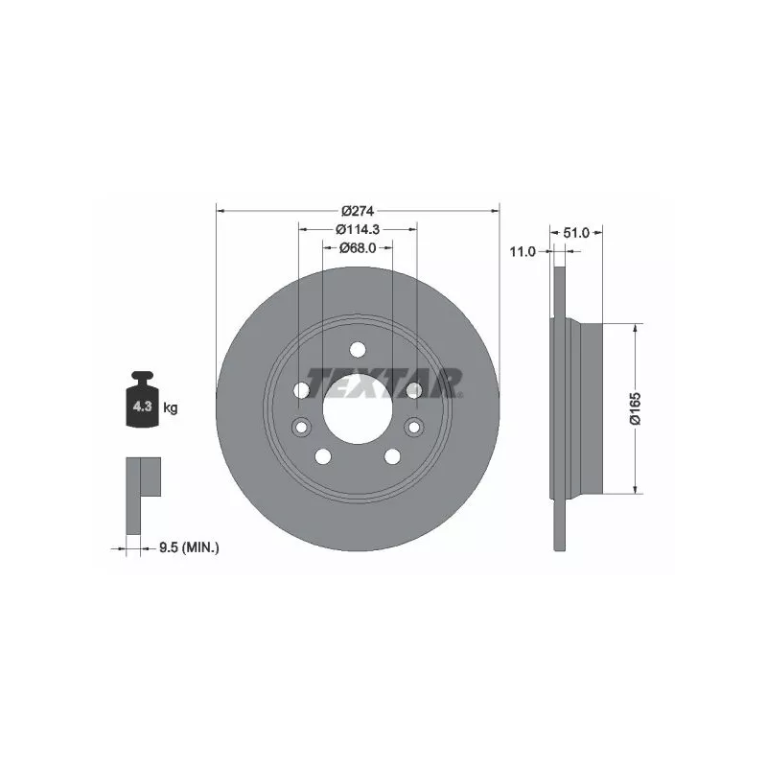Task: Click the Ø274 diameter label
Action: (x=358, y=211)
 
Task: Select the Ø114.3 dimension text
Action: (x=358, y=229)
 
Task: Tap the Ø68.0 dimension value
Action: (x=358, y=248)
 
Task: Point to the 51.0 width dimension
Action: (x=576, y=233)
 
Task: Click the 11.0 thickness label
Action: (x=523, y=252)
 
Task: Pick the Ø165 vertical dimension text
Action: (x=635, y=408)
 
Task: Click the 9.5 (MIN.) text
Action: (x=189, y=547)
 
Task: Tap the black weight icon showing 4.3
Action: (x=142, y=399)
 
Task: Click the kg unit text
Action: (x=171, y=407)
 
